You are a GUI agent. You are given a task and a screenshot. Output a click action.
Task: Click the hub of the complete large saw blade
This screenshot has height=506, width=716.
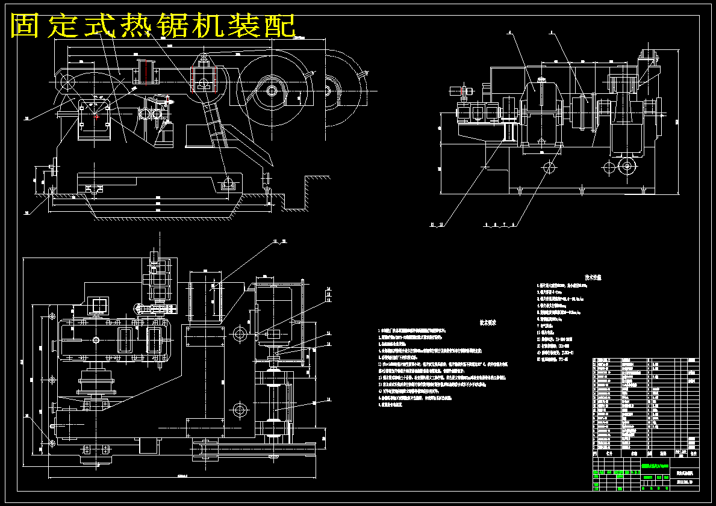coord(272,91)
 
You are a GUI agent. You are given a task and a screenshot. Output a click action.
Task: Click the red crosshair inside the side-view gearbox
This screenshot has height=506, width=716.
coord(96,117)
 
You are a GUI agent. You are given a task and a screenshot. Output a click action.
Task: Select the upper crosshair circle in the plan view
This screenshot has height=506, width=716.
coord(239,333)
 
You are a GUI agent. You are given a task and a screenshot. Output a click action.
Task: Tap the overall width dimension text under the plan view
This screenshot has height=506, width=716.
coord(181,476)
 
